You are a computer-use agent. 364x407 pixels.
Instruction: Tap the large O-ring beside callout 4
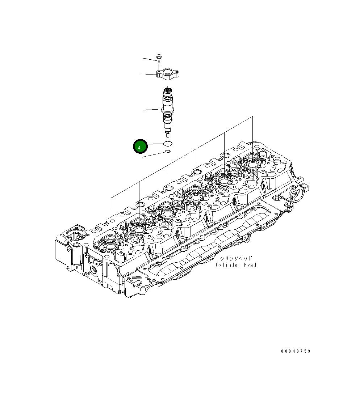pos(168,144)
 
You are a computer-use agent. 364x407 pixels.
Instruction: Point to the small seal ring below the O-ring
pos(168,151)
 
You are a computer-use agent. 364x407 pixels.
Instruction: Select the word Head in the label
pos(250,265)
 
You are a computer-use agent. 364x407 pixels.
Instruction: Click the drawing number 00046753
pos(296,351)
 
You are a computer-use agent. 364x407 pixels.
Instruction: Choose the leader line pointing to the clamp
pos(148,74)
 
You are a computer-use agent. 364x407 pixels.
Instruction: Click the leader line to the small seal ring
pos(154,154)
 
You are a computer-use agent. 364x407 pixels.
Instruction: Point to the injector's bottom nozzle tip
pos(167,136)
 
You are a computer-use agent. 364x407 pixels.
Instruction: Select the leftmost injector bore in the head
pos(110,247)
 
